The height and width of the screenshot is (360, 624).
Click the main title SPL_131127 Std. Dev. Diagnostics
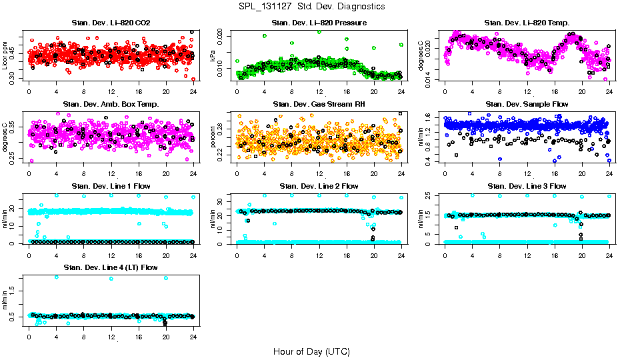[x=311, y=7]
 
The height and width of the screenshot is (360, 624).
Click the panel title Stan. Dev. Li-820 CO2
[x=111, y=23]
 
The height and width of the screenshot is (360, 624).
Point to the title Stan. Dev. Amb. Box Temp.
[x=111, y=105]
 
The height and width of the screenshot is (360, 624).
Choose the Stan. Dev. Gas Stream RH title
[x=319, y=105]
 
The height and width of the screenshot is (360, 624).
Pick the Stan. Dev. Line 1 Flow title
[x=111, y=186]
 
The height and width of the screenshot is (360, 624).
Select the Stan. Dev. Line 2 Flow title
[x=319, y=186]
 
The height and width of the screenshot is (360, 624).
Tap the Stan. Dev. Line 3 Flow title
[x=527, y=186]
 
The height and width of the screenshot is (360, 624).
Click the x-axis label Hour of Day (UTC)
[x=311, y=351]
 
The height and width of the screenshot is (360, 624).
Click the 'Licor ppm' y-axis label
[x=7, y=57]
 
